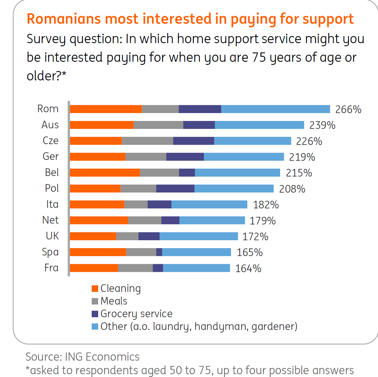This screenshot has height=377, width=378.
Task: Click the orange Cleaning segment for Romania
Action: (106, 109)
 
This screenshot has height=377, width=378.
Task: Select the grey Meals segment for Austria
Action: (158, 125)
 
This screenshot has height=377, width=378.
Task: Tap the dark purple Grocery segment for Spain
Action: (159, 252)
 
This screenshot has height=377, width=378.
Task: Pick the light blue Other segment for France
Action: (196, 268)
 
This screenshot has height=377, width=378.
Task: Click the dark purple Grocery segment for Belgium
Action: (187, 173)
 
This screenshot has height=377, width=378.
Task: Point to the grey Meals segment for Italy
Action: (136, 204)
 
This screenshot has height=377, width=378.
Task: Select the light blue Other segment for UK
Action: (199, 236)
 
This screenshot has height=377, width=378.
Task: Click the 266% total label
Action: (348, 109)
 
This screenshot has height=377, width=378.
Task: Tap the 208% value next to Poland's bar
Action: (292, 189)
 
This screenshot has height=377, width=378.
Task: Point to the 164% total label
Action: (248, 268)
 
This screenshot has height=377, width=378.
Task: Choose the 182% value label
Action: (266, 205)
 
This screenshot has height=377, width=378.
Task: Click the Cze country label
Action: (50, 140)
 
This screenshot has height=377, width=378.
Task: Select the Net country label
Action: (50, 220)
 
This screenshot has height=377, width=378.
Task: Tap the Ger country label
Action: (50, 156)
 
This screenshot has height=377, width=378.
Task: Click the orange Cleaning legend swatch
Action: (95, 288)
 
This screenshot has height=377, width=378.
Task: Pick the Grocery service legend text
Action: (136, 314)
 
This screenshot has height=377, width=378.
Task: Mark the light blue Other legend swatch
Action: (95, 327)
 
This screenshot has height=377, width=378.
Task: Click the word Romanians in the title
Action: (64, 19)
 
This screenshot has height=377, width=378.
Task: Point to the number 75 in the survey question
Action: (259, 57)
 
